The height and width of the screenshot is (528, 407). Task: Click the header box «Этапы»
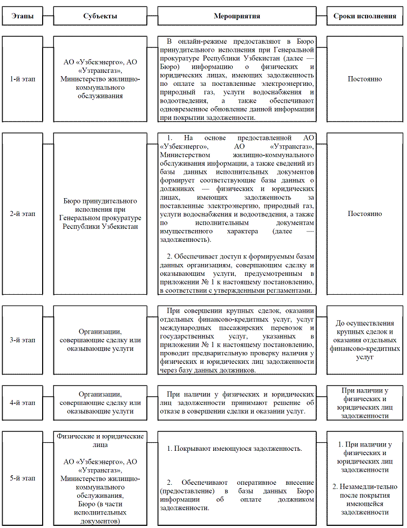pos(22,16)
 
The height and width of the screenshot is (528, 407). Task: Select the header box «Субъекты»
pos(99,16)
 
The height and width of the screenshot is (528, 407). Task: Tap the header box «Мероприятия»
pos(237,16)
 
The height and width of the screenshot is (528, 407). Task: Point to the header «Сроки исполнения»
pos(365,16)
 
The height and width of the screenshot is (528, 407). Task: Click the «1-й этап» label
pos(22,79)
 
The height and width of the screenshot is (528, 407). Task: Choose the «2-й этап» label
pos(22,214)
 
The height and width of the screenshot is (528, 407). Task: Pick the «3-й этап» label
pos(22,340)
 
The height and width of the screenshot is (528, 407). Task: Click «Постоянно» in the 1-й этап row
pos(365,79)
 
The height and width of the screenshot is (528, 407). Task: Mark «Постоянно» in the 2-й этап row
pos(365,214)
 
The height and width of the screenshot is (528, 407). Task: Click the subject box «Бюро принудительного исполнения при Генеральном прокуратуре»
pos(99,214)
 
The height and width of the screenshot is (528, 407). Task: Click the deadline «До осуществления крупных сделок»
pos(365,327)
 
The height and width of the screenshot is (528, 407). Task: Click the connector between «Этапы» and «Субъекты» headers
pos(48,16)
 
